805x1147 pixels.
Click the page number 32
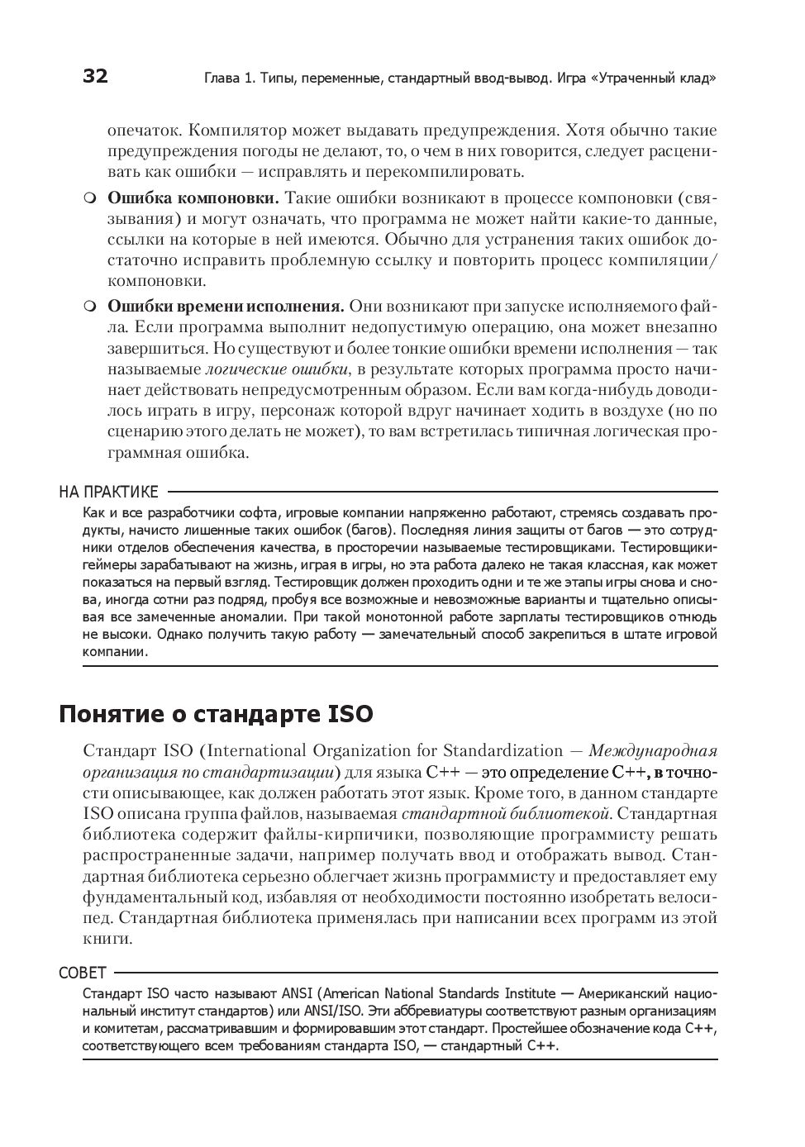pos(95,77)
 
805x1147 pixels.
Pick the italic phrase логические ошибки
pos(276,369)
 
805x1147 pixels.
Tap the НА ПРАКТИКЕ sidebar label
pos(108,493)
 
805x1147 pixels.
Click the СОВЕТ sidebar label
pos(83,973)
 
